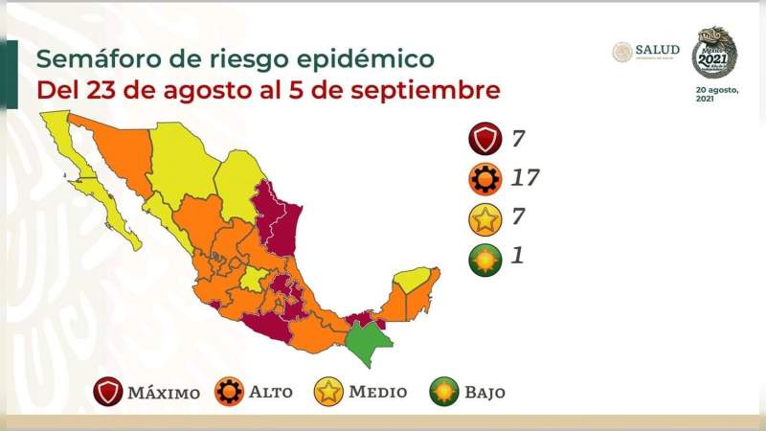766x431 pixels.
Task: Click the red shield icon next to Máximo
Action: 108,392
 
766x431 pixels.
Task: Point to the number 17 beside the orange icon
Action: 525,178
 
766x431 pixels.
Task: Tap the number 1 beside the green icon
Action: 516,257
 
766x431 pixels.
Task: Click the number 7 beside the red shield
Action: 517,140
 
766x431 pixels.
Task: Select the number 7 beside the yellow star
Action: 517,218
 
